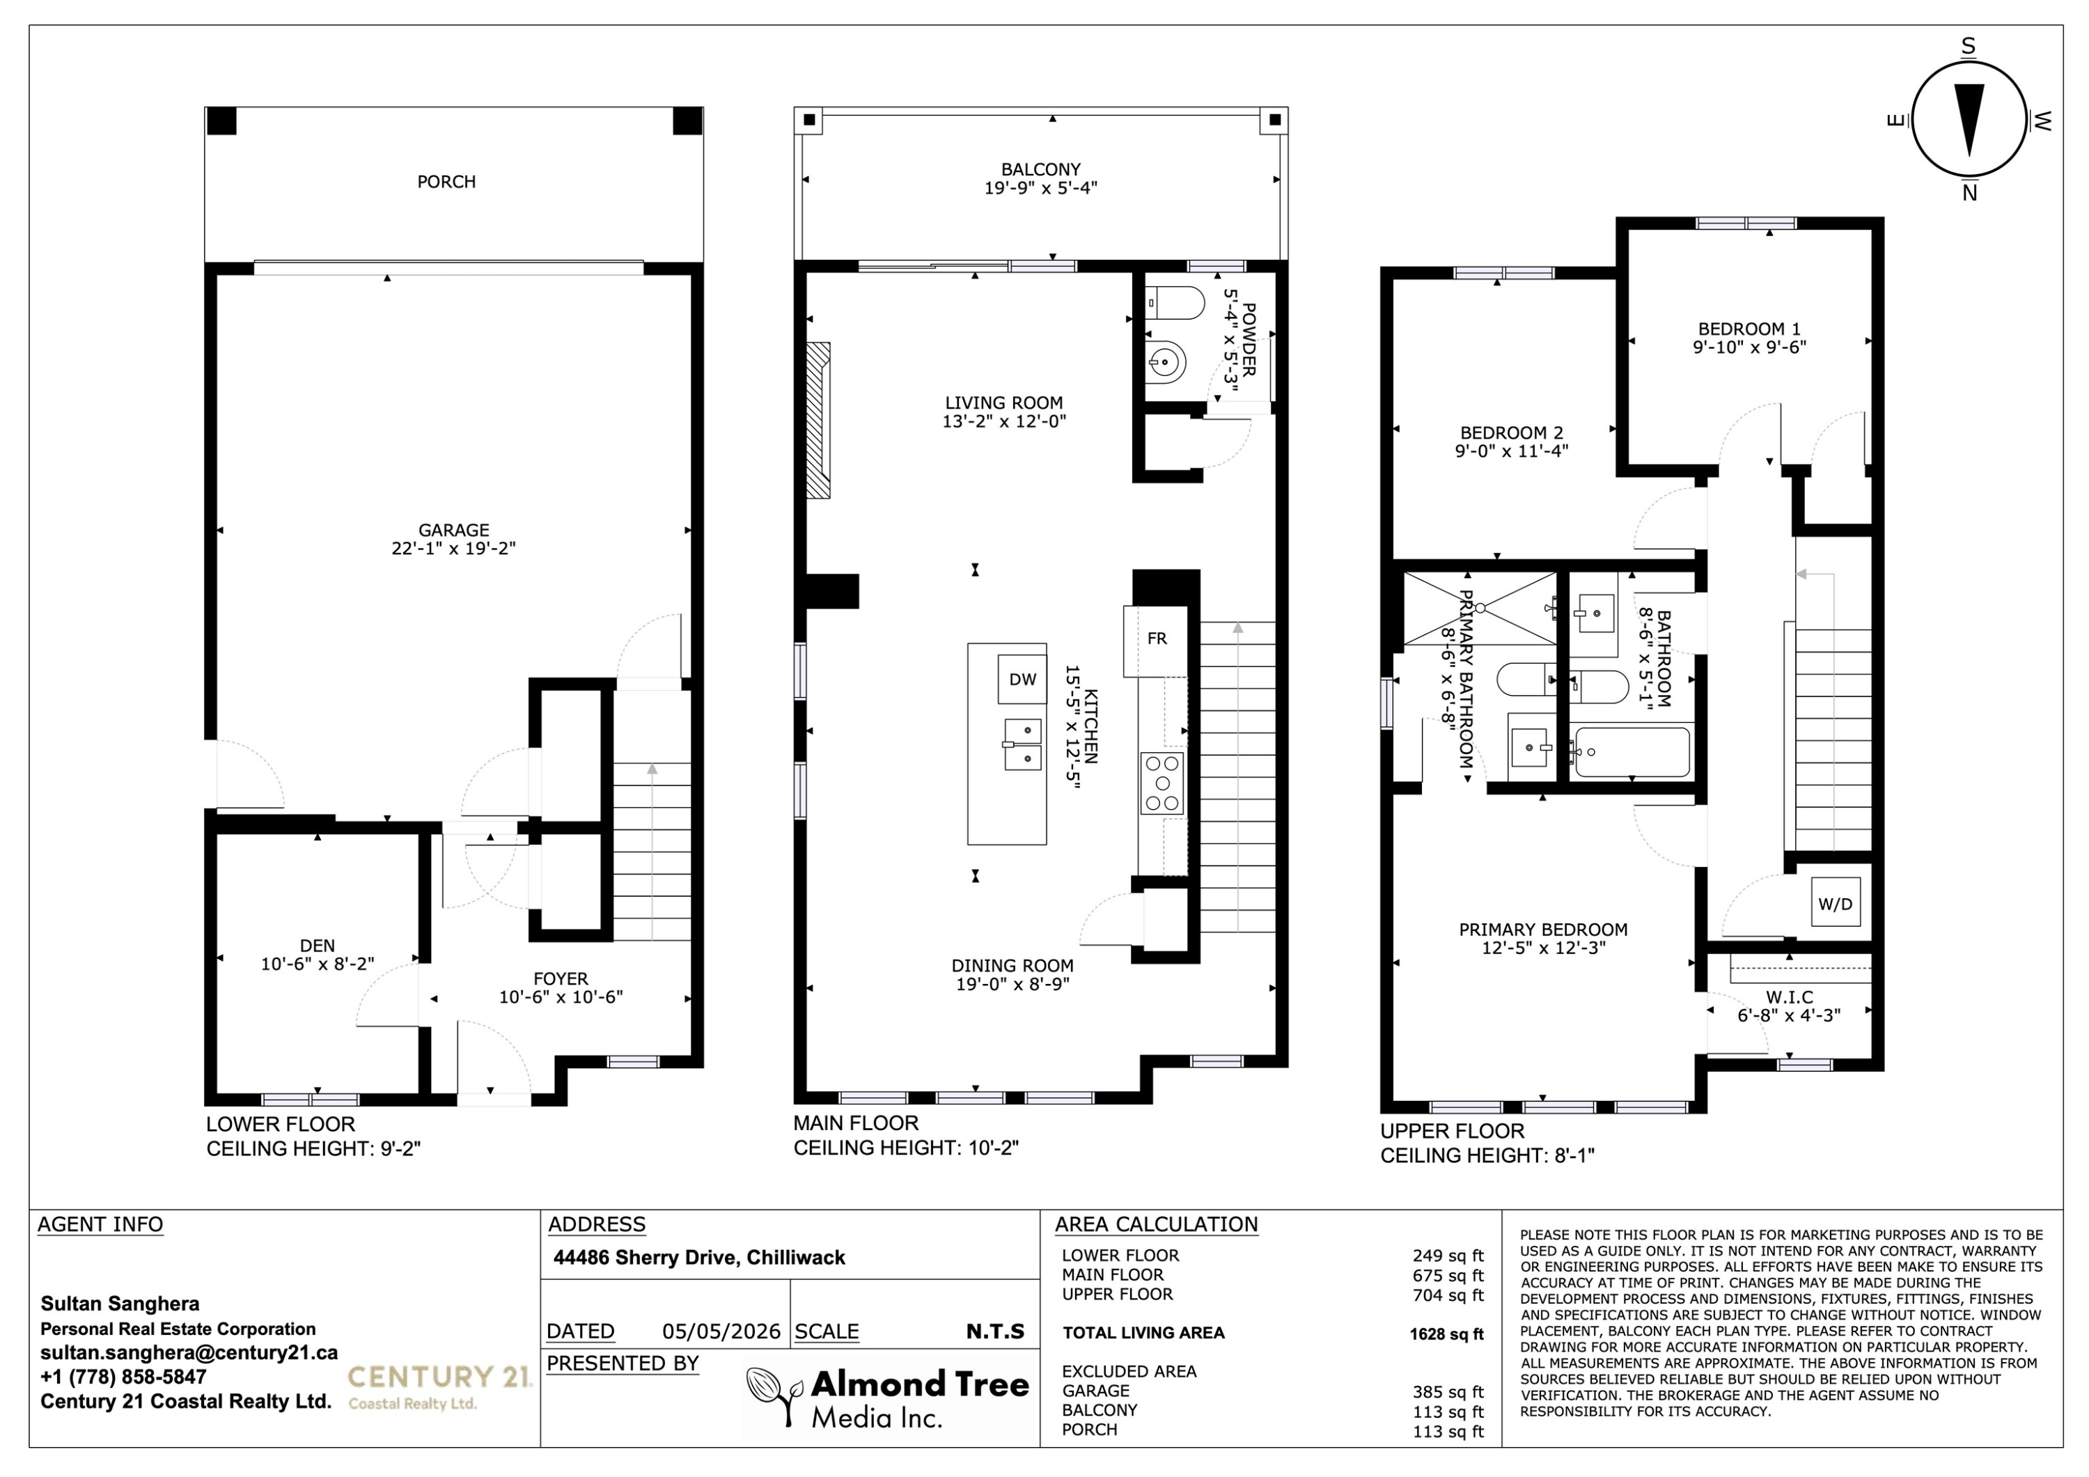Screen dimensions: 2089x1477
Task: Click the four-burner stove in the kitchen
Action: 1163,783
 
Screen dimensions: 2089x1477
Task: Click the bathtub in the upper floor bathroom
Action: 1632,751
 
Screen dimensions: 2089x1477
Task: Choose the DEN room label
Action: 318,946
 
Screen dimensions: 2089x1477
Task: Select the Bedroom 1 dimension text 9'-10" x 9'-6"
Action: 1748,347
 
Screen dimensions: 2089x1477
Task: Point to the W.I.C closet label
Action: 1790,997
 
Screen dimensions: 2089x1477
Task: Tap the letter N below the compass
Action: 1970,193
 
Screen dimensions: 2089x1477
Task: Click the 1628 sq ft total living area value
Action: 1447,1334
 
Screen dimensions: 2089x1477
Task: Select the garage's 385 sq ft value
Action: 1448,1391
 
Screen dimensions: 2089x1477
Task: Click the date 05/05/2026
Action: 721,1331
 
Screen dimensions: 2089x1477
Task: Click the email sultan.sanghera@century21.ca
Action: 189,1353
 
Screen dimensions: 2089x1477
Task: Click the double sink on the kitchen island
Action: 1024,744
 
